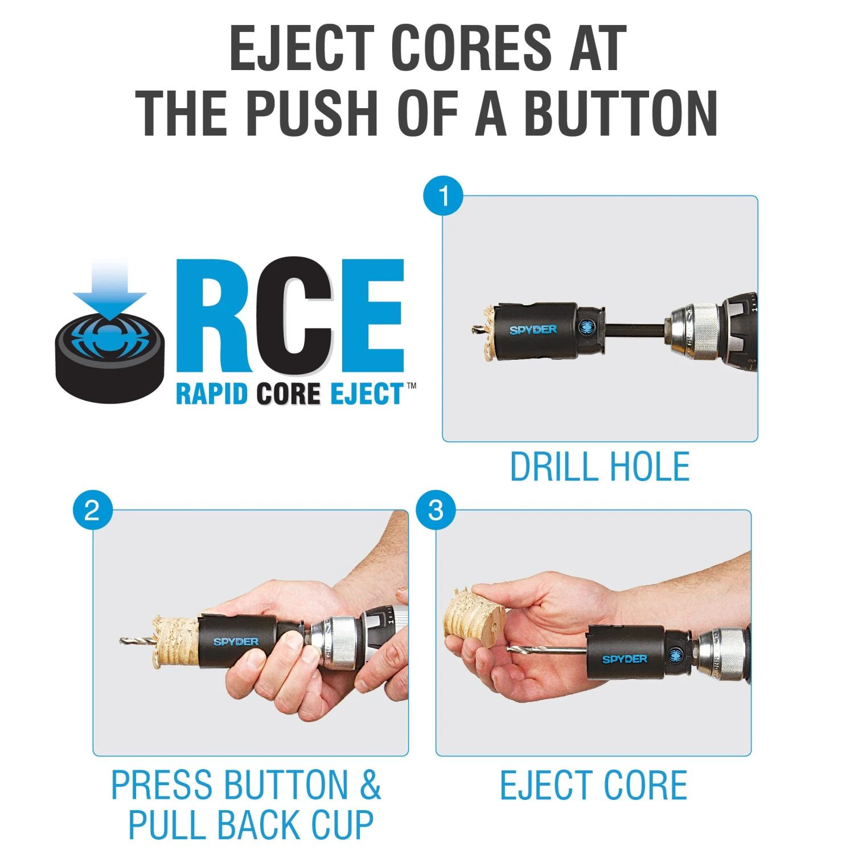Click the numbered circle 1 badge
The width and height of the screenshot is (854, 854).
(443, 196)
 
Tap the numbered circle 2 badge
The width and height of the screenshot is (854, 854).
(92, 510)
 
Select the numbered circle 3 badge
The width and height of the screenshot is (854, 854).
(436, 510)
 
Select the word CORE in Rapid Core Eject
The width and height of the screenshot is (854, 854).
(288, 393)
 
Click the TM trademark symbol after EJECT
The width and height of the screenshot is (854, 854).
(411, 385)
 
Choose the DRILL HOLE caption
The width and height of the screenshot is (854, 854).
(600, 467)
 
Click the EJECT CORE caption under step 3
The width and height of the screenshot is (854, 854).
(593, 785)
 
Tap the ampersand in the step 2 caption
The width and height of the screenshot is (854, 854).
(370, 785)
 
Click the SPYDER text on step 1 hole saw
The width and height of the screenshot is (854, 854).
(533, 330)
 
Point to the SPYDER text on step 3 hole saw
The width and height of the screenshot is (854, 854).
(625, 659)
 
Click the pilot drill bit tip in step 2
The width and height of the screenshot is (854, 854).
(121, 642)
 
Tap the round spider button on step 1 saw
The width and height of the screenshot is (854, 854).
(587, 327)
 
